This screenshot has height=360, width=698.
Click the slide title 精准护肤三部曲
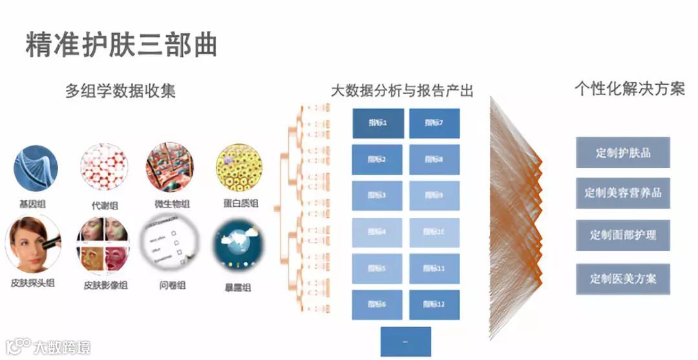(x=121, y=45)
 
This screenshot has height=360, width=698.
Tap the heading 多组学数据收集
(x=120, y=91)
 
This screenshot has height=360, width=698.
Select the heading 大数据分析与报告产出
(x=402, y=91)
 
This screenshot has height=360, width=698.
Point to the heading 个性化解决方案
(x=629, y=89)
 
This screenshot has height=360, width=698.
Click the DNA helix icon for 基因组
(x=36, y=168)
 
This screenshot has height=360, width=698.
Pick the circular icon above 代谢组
(x=104, y=167)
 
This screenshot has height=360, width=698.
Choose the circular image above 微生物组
(x=170, y=167)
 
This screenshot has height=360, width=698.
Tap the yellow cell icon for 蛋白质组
(x=239, y=167)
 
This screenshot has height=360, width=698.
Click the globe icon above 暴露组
(x=239, y=246)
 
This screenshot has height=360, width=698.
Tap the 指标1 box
(x=378, y=123)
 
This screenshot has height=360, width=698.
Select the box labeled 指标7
(x=434, y=123)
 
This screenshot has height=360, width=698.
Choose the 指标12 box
(x=434, y=304)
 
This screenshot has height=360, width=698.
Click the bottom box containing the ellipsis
(x=405, y=341)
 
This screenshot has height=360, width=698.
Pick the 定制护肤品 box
(x=623, y=153)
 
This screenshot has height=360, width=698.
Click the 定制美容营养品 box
(x=623, y=193)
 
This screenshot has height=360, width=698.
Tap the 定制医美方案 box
(x=623, y=279)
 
